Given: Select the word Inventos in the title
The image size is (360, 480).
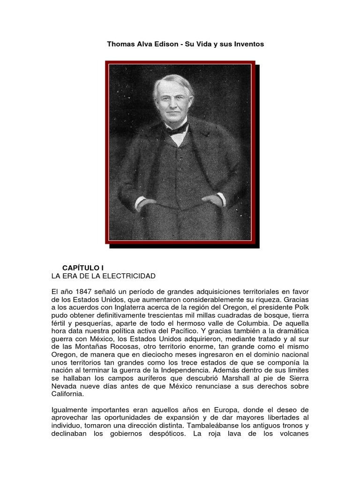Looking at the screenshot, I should tap(248, 44).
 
